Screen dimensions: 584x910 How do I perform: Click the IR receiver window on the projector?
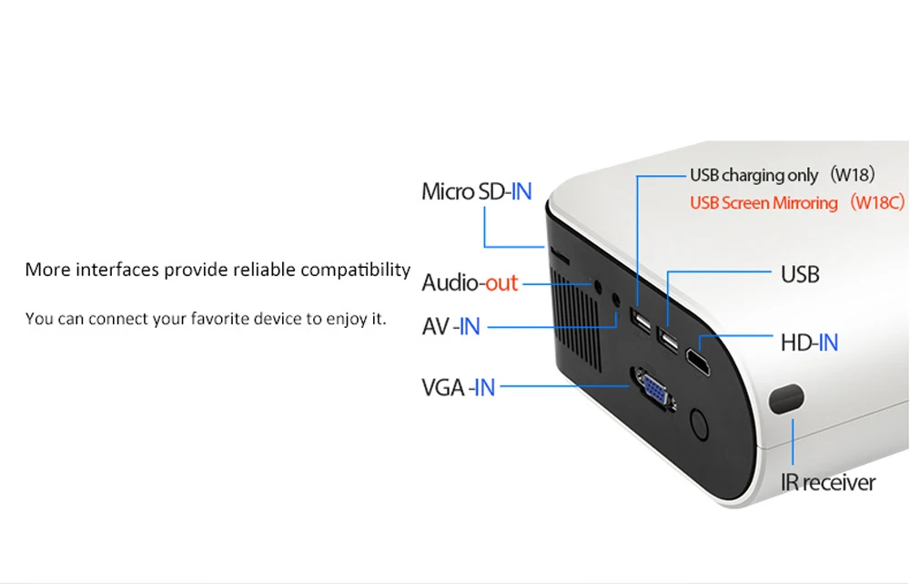click(787, 398)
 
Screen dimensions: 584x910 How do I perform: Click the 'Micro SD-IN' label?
click(476, 191)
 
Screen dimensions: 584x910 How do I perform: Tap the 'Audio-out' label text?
click(470, 282)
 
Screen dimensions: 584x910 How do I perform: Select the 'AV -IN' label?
click(450, 325)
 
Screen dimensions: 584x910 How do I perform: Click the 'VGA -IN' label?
click(458, 387)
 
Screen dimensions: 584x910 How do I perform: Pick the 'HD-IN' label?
click(809, 343)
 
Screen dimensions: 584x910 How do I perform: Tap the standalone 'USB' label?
click(800, 273)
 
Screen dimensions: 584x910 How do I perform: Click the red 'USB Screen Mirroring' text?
click(763, 202)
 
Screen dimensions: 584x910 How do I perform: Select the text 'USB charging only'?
click(754, 175)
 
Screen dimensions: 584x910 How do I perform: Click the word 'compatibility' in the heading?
click(355, 270)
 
